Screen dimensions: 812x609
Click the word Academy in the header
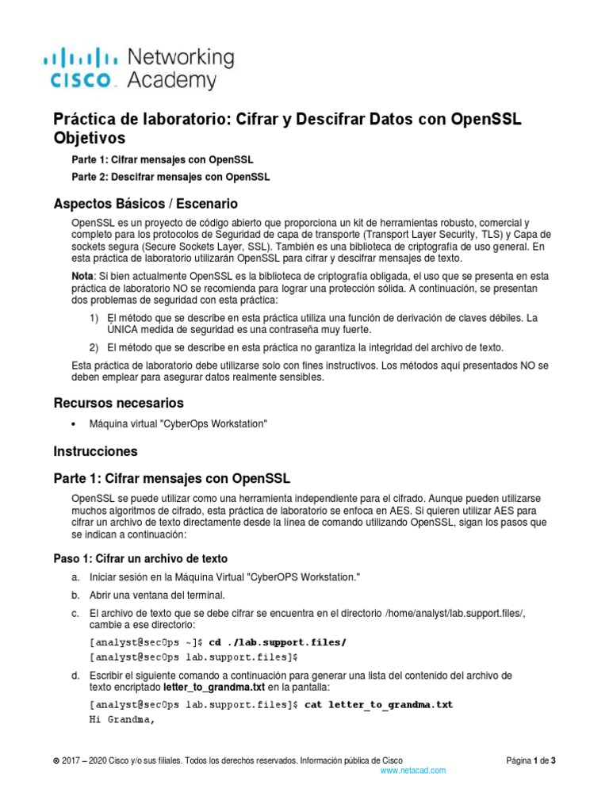[x=171, y=80]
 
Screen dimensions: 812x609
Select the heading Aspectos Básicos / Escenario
[x=145, y=203]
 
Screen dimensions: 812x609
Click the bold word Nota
[x=82, y=275]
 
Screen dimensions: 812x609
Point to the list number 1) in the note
[x=94, y=318]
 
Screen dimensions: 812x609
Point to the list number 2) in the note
[x=94, y=347]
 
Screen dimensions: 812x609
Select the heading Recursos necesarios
[x=118, y=403]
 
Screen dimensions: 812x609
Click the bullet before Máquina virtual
[x=74, y=425]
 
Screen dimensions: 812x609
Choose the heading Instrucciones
[x=95, y=451]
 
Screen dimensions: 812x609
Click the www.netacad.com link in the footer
[x=413, y=770]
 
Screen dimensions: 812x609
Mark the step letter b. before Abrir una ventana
[x=75, y=595]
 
